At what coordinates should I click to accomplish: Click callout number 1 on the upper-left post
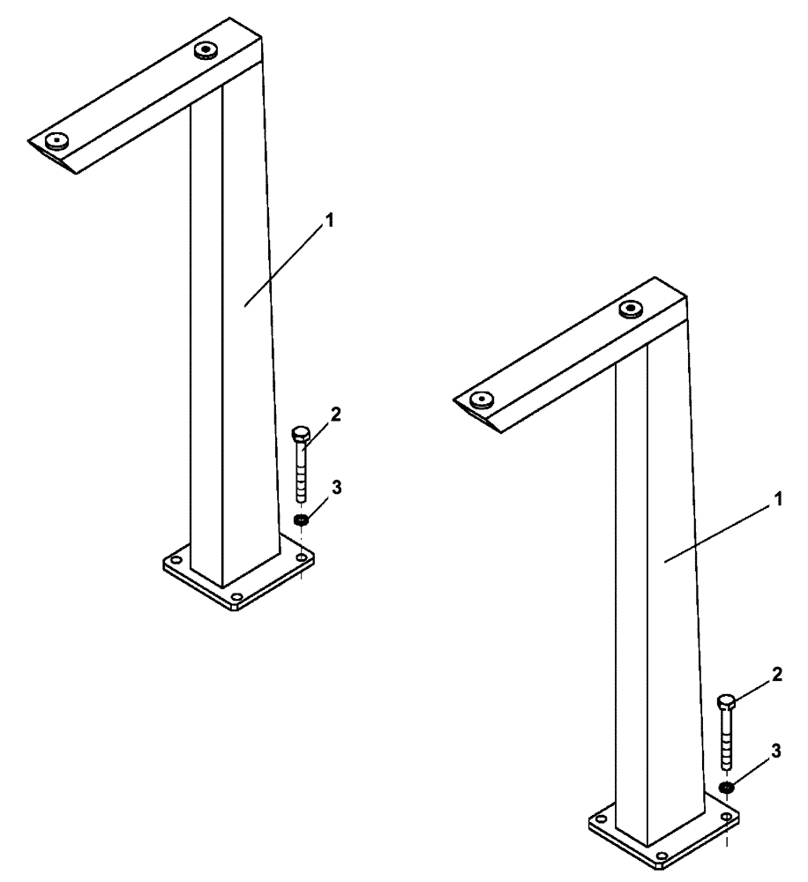pyautogui.click(x=330, y=222)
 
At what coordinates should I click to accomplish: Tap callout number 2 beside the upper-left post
pyautogui.click(x=334, y=413)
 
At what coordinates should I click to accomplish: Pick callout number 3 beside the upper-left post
pyautogui.click(x=334, y=486)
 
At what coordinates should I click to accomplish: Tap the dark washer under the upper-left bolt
pyautogui.click(x=302, y=521)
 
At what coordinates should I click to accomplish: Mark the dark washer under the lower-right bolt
pyautogui.click(x=726, y=787)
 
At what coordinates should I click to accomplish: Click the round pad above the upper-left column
pyautogui.click(x=207, y=48)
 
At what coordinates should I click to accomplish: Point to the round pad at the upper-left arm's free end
pyautogui.click(x=58, y=138)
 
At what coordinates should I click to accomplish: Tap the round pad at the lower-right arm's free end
pyautogui.click(x=481, y=399)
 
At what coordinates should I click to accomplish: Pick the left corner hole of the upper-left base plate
pyautogui.click(x=176, y=560)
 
